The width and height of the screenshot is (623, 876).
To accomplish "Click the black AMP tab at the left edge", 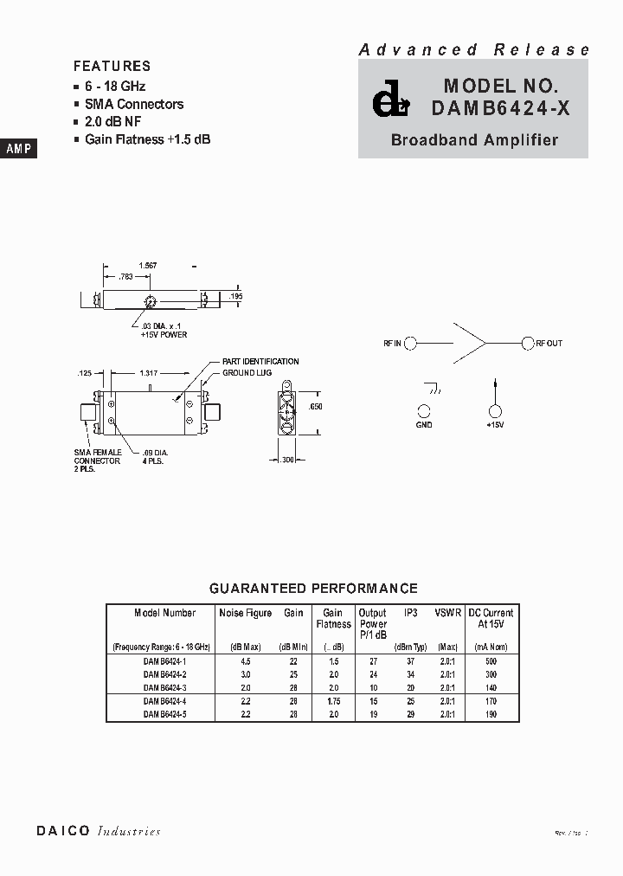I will click(x=18, y=149).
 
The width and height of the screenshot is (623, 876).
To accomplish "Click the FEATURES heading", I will click(x=112, y=66).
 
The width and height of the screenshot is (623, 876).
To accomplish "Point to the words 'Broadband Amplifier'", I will click(x=474, y=140).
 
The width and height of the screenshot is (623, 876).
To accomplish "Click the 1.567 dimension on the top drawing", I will click(x=149, y=266).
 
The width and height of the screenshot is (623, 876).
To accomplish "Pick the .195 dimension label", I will click(x=236, y=297).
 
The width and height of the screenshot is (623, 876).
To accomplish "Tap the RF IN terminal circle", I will click(x=411, y=344).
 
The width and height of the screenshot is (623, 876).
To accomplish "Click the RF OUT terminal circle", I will click(x=527, y=344).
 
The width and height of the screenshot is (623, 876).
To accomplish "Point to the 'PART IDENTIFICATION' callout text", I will click(x=260, y=362).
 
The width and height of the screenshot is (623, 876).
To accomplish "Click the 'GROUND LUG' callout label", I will click(x=247, y=372).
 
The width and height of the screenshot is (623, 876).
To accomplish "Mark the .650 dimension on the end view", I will click(x=317, y=407).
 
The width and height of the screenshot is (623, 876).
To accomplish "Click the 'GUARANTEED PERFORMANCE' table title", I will click(x=313, y=589).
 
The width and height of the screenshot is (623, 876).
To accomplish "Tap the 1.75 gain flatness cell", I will click(x=333, y=701).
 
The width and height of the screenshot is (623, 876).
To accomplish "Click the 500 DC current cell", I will click(x=490, y=660).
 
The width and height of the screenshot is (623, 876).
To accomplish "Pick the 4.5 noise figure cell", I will click(x=245, y=660).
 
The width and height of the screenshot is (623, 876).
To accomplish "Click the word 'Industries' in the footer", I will click(x=129, y=831).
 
